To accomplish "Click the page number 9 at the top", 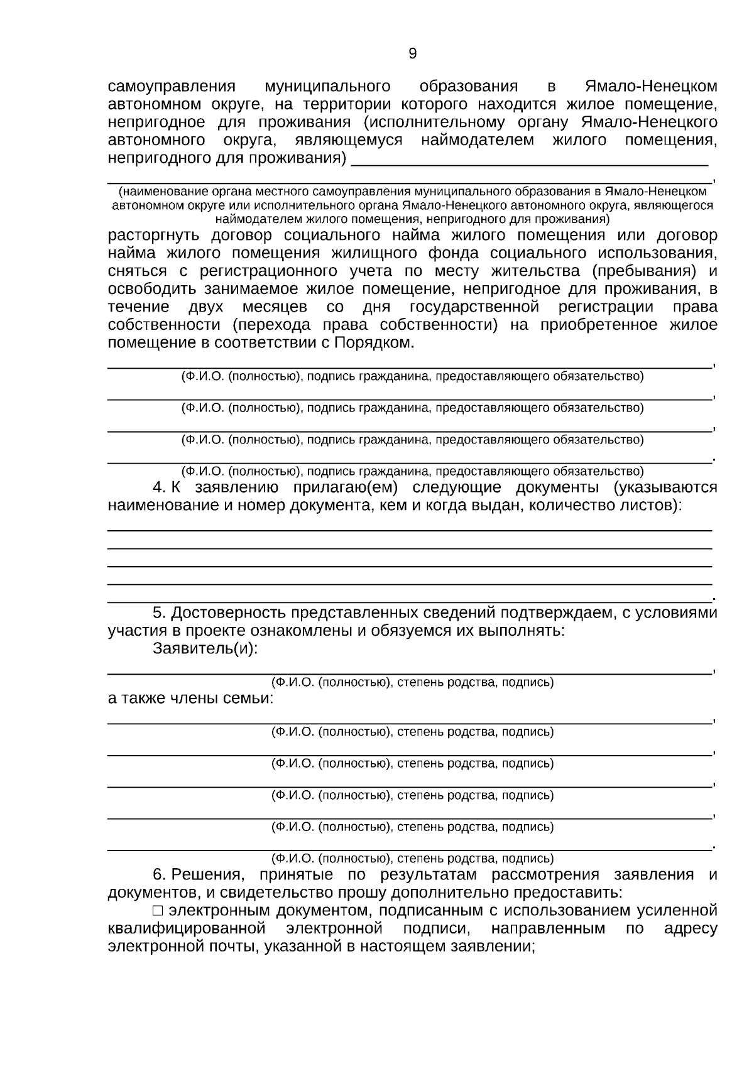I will point(412,54).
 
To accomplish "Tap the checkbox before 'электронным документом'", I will point(158,910).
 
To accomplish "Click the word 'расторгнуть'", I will point(154,236).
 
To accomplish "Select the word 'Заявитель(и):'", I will point(205,649).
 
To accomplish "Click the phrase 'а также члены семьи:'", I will point(190,698).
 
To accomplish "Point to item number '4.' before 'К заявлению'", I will point(160,487).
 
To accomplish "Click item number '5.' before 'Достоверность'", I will point(160,612).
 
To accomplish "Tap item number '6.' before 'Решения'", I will point(160,874).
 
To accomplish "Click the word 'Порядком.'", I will point(374,343).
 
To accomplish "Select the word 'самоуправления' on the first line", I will point(172,86).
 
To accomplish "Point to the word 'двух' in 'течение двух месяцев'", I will point(205,307).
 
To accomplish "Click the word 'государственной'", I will point(474,307).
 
